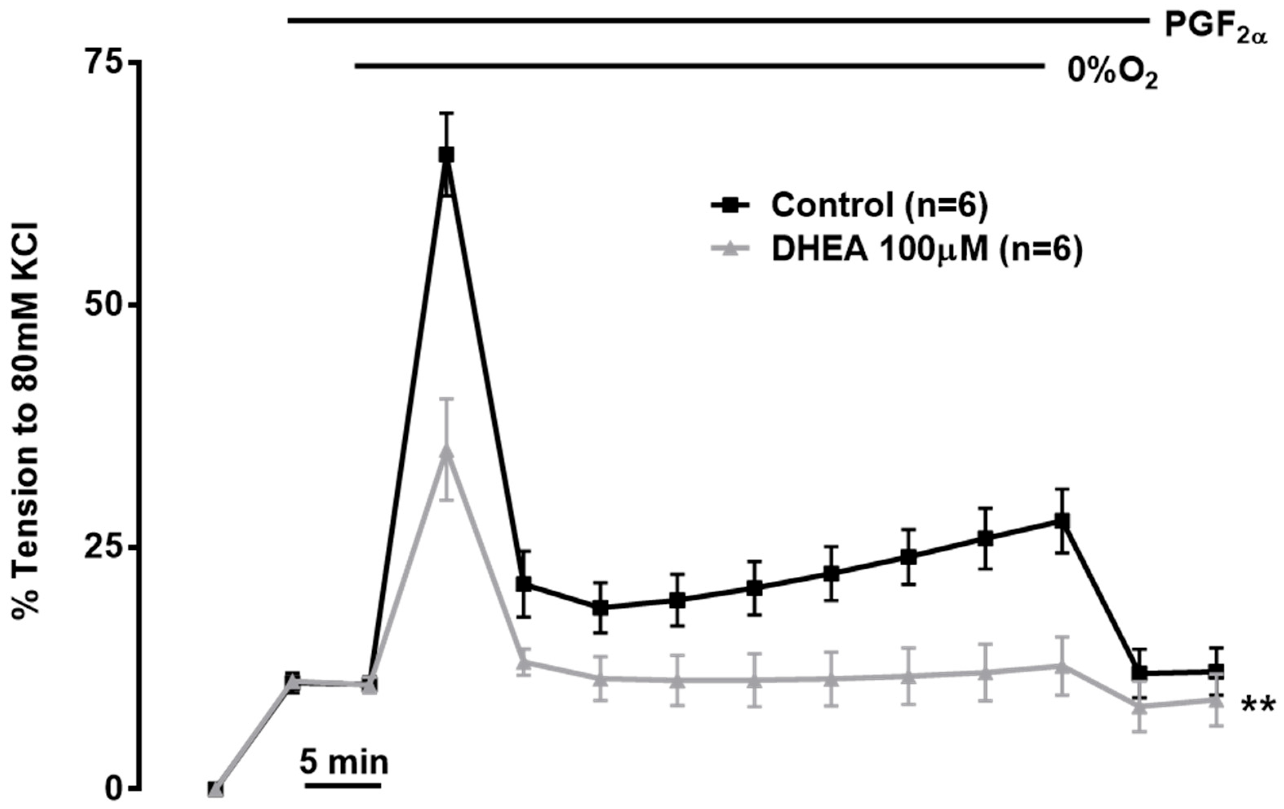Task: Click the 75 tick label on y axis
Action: click(104, 63)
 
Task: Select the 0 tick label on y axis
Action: click(113, 789)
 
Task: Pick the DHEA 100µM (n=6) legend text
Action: click(927, 250)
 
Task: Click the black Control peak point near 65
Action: click(447, 155)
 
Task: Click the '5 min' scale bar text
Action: click(343, 762)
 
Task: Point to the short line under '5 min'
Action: click(343, 785)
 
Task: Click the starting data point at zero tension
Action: click(215, 790)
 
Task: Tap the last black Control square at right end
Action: click(1216, 671)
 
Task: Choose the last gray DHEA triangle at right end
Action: click(1216, 700)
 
